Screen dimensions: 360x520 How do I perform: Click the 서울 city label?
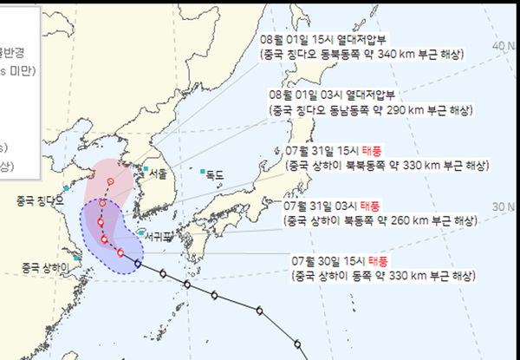coord(157,173)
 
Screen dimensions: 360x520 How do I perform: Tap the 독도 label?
coord(214,175)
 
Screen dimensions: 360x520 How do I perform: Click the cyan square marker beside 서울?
coord(146,168)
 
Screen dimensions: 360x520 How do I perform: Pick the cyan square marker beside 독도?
coord(202,171)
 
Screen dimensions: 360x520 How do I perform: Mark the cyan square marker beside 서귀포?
coord(140,232)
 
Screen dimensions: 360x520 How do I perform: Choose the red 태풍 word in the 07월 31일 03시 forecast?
coord(370,206)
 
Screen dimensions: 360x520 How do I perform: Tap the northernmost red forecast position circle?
coord(110,181)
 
